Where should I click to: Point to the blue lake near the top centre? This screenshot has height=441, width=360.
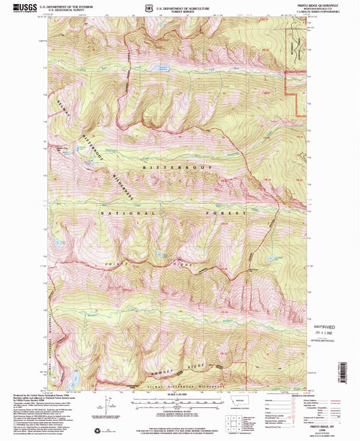(163, 68)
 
